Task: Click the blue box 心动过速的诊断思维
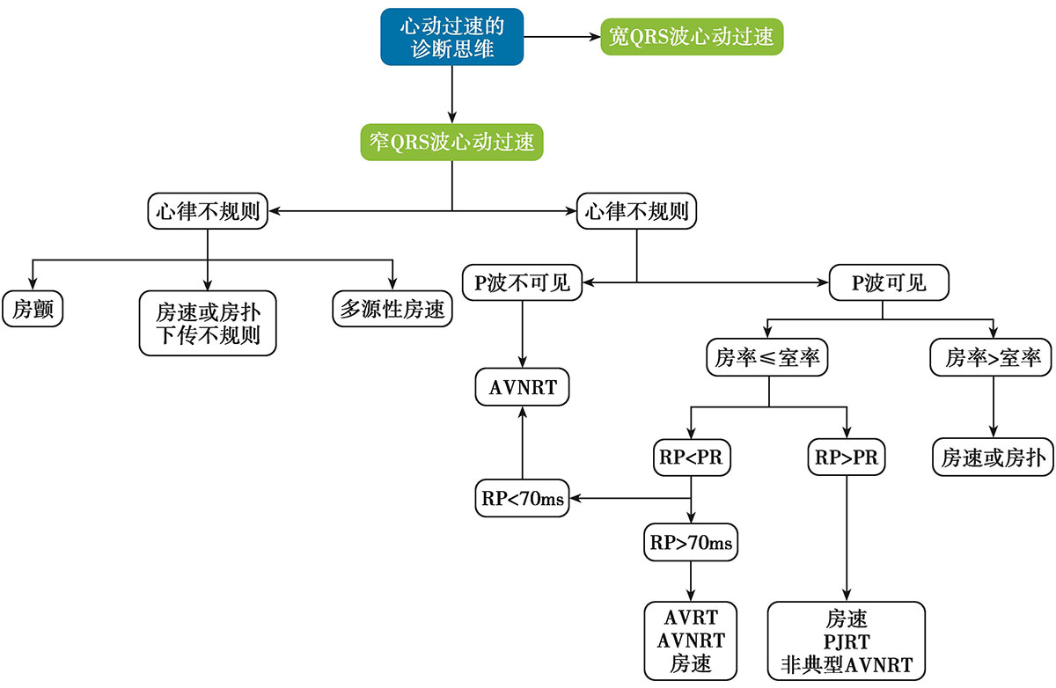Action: (452, 37)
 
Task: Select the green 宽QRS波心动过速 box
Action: (692, 37)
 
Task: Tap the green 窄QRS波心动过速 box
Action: (452, 143)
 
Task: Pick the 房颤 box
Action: (32, 309)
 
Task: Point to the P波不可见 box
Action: (523, 282)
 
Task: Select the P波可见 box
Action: (889, 282)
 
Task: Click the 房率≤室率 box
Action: (769, 358)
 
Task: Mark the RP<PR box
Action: (691, 457)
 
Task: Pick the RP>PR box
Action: (846, 457)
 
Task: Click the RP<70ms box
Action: (522, 499)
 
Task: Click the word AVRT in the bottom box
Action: (691, 617)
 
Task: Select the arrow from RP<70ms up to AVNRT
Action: (523, 444)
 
